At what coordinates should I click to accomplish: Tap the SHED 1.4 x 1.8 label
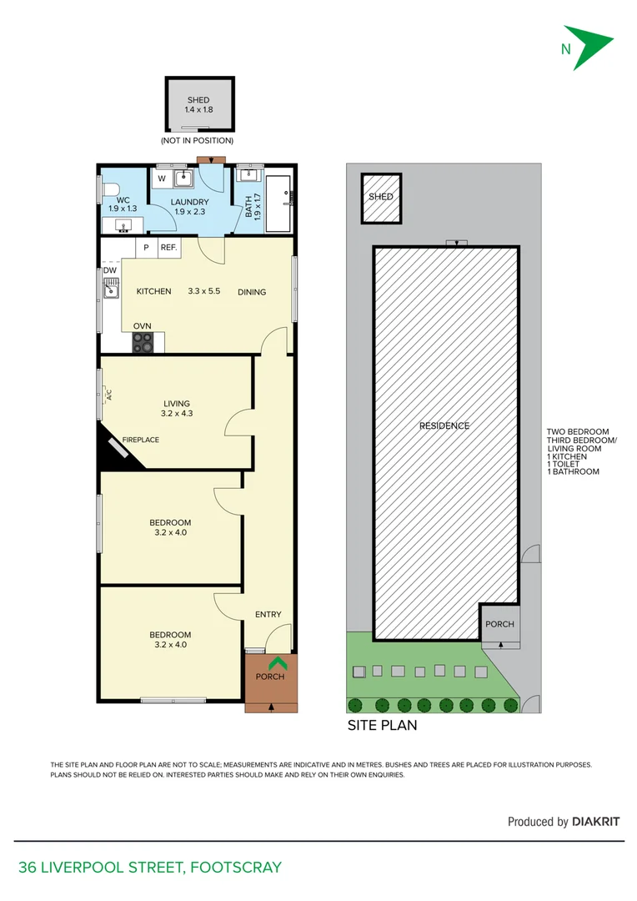click(x=198, y=105)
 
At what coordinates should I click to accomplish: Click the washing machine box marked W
click(x=162, y=179)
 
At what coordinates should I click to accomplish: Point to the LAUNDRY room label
click(x=190, y=202)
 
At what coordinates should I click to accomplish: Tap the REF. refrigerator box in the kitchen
click(x=168, y=248)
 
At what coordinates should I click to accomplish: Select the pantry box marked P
click(x=146, y=248)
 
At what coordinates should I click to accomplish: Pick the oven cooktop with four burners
click(x=143, y=342)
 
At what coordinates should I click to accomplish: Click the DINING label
click(x=252, y=292)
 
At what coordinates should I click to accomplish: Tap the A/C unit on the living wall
click(x=103, y=395)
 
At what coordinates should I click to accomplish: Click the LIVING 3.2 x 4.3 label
click(x=177, y=408)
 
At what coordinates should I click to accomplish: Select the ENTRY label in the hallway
click(x=268, y=615)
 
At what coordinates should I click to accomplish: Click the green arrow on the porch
click(x=278, y=663)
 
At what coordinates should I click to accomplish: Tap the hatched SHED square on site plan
click(x=381, y=198)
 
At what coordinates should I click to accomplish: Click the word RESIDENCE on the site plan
click(x=444, y=426)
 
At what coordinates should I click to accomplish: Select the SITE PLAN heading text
click(x=382, y=726)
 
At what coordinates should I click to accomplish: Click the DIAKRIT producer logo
click(x=596, y=822)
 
